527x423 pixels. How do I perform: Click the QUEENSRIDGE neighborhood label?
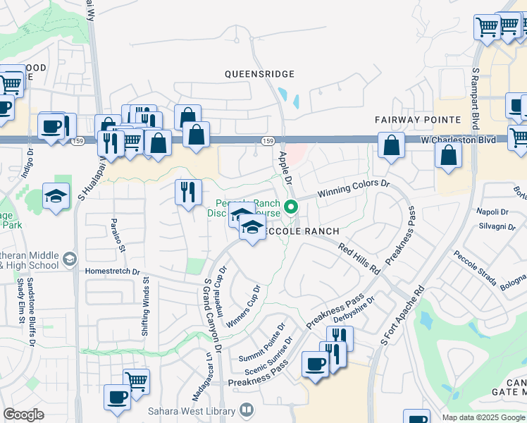[x=259, y=74]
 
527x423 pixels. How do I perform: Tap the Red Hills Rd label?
[x=359, y=259]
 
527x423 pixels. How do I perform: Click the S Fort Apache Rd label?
[x=402, y=314]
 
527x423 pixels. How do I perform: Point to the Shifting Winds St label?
[x=147, y=300]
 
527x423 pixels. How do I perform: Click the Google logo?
[x=23, y=414]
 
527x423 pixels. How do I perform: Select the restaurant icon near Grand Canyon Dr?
[x=188, y=193]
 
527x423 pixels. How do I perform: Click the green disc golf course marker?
[x=292, y=207]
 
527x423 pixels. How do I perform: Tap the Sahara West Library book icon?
[x=247, y=410]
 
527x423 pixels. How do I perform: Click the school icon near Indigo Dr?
[x=56, y=197]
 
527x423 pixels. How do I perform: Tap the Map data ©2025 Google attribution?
[x=483, y=417]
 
